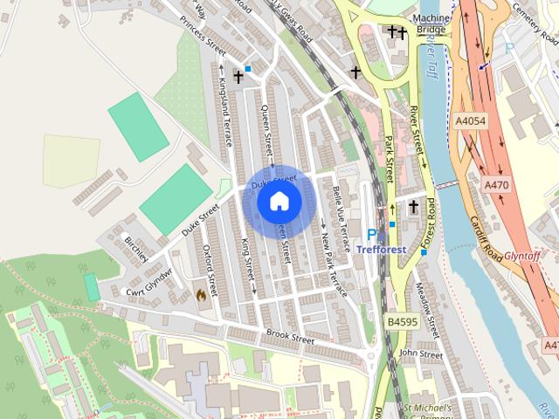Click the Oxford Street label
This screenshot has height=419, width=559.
pos(208,264)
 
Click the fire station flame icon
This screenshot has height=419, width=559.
pos(202,295)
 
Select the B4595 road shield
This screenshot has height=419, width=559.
pos(402,322)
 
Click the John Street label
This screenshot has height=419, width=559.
pos(420,354)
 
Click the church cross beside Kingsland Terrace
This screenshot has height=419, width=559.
pos(238,77)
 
